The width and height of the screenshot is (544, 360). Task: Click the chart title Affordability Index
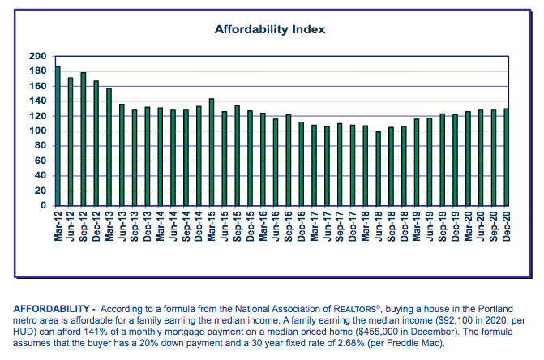[x=269, y=29]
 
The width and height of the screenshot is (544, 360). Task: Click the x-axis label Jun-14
[x=173, y=226]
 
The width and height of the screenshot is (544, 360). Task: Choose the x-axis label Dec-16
[x=302, y=226]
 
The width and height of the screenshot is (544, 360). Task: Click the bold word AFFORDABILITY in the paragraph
[x=48, y=308]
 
